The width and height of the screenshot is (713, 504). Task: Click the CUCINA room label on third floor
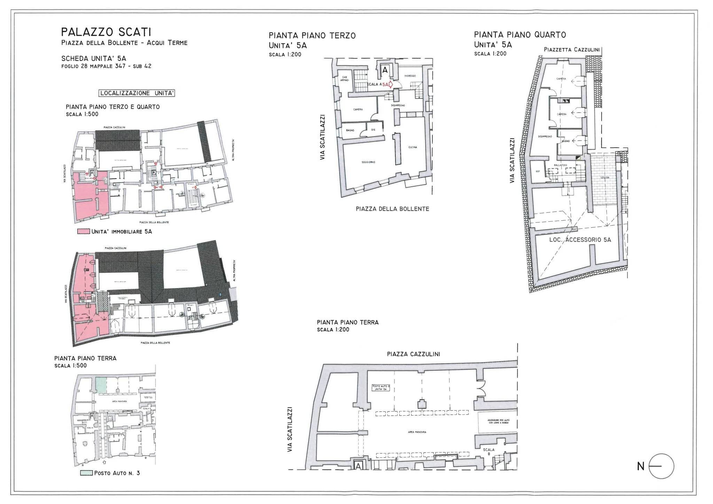point(413,147)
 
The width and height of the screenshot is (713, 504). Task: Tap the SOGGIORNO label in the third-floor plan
point(368,162)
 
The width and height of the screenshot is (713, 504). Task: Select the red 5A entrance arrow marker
point(390,85)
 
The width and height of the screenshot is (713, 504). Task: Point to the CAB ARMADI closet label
point(344,78)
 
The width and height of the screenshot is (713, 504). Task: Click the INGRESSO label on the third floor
point(410,76)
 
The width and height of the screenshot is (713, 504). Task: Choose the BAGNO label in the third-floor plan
point(350,130)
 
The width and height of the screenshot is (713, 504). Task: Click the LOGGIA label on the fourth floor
point(605,177)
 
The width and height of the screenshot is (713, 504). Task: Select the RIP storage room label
point(538,171)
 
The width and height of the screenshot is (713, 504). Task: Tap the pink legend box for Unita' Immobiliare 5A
point(84,231)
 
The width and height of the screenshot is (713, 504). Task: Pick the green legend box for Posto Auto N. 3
point(87,473)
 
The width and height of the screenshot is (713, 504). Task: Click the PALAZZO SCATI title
point(106,33)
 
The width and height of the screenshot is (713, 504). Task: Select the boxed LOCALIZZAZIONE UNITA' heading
point(137,93)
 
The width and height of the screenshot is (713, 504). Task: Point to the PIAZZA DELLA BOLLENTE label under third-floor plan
point(392,209)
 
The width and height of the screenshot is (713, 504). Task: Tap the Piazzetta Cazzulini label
point(572,50)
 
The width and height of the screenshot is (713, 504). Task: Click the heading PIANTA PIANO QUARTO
point(520,35)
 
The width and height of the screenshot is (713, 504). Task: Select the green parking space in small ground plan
point(101,386)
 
